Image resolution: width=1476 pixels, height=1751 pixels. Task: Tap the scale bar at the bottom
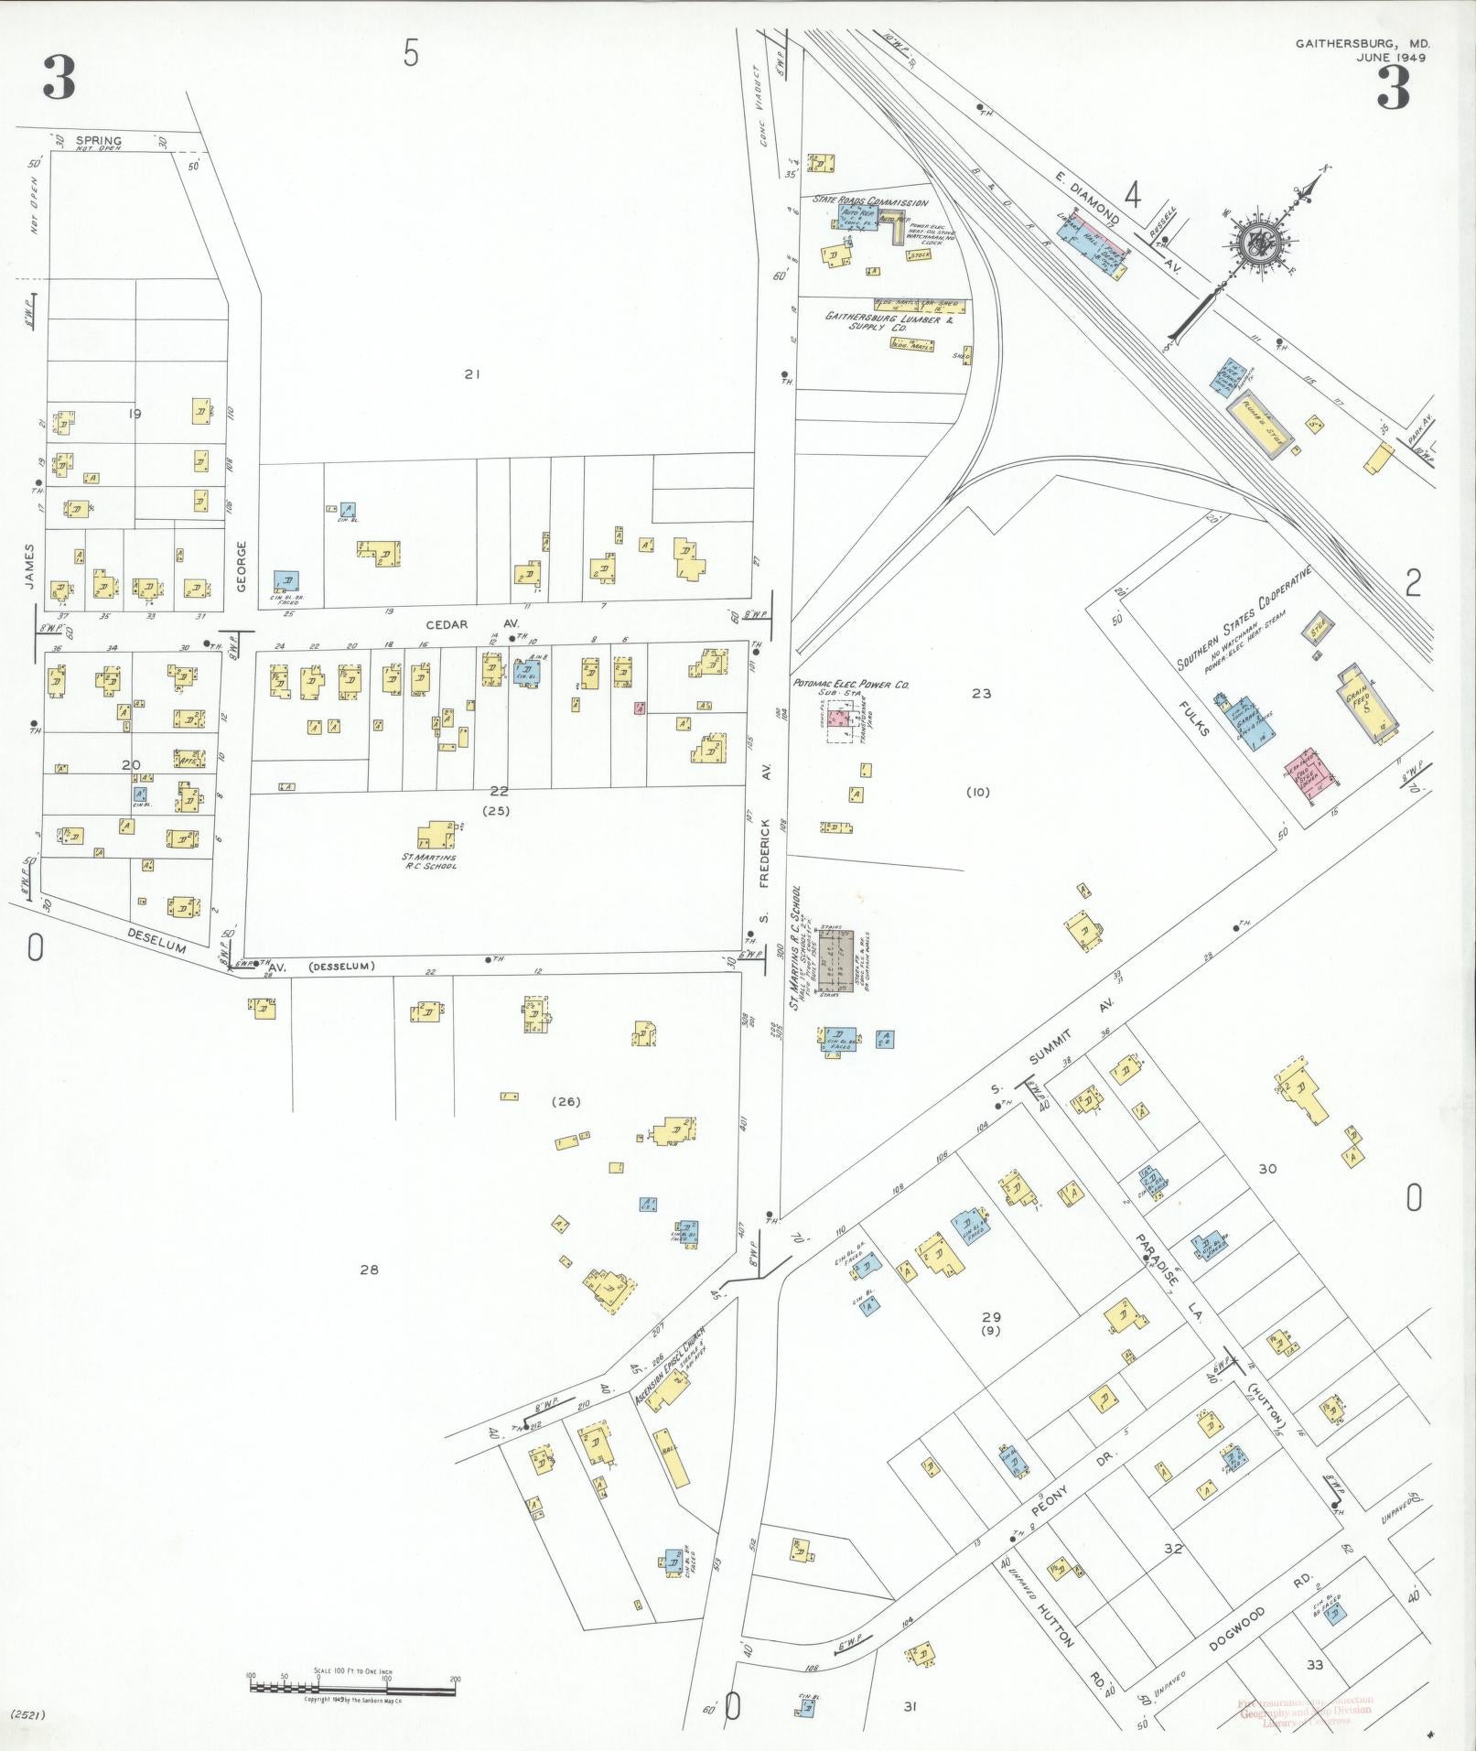coord(353,1682)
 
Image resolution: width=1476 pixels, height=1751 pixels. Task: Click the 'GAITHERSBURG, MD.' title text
coord(1362,44)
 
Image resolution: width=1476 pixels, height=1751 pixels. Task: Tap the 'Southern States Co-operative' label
coord(1244,619)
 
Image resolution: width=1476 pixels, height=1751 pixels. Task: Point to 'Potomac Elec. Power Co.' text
coord(851,684)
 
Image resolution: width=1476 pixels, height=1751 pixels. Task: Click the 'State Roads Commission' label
coord(870,200)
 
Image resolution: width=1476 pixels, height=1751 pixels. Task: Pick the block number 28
coord(369,1270)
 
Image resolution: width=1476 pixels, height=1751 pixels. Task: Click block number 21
coord(472,373)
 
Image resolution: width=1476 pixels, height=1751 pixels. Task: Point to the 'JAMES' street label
coord(30,566)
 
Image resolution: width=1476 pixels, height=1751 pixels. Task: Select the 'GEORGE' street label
coord(242,566)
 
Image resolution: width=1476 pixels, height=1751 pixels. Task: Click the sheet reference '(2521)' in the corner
coord(27,1713)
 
